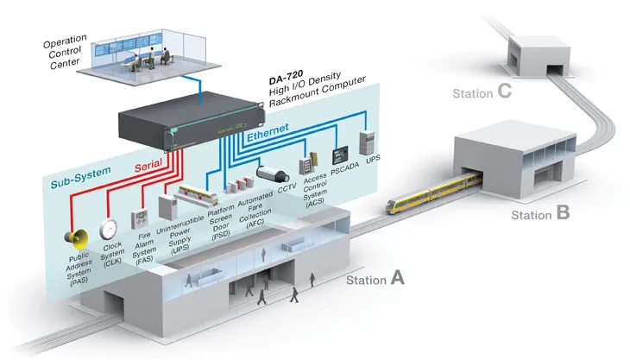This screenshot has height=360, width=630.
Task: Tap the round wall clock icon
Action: point(109,229)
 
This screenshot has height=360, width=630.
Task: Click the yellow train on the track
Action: point(432,191)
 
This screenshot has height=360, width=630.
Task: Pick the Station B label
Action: point(540,212)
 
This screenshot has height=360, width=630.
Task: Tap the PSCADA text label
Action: point(343,170)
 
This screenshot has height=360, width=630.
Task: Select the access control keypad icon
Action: point(307,163)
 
